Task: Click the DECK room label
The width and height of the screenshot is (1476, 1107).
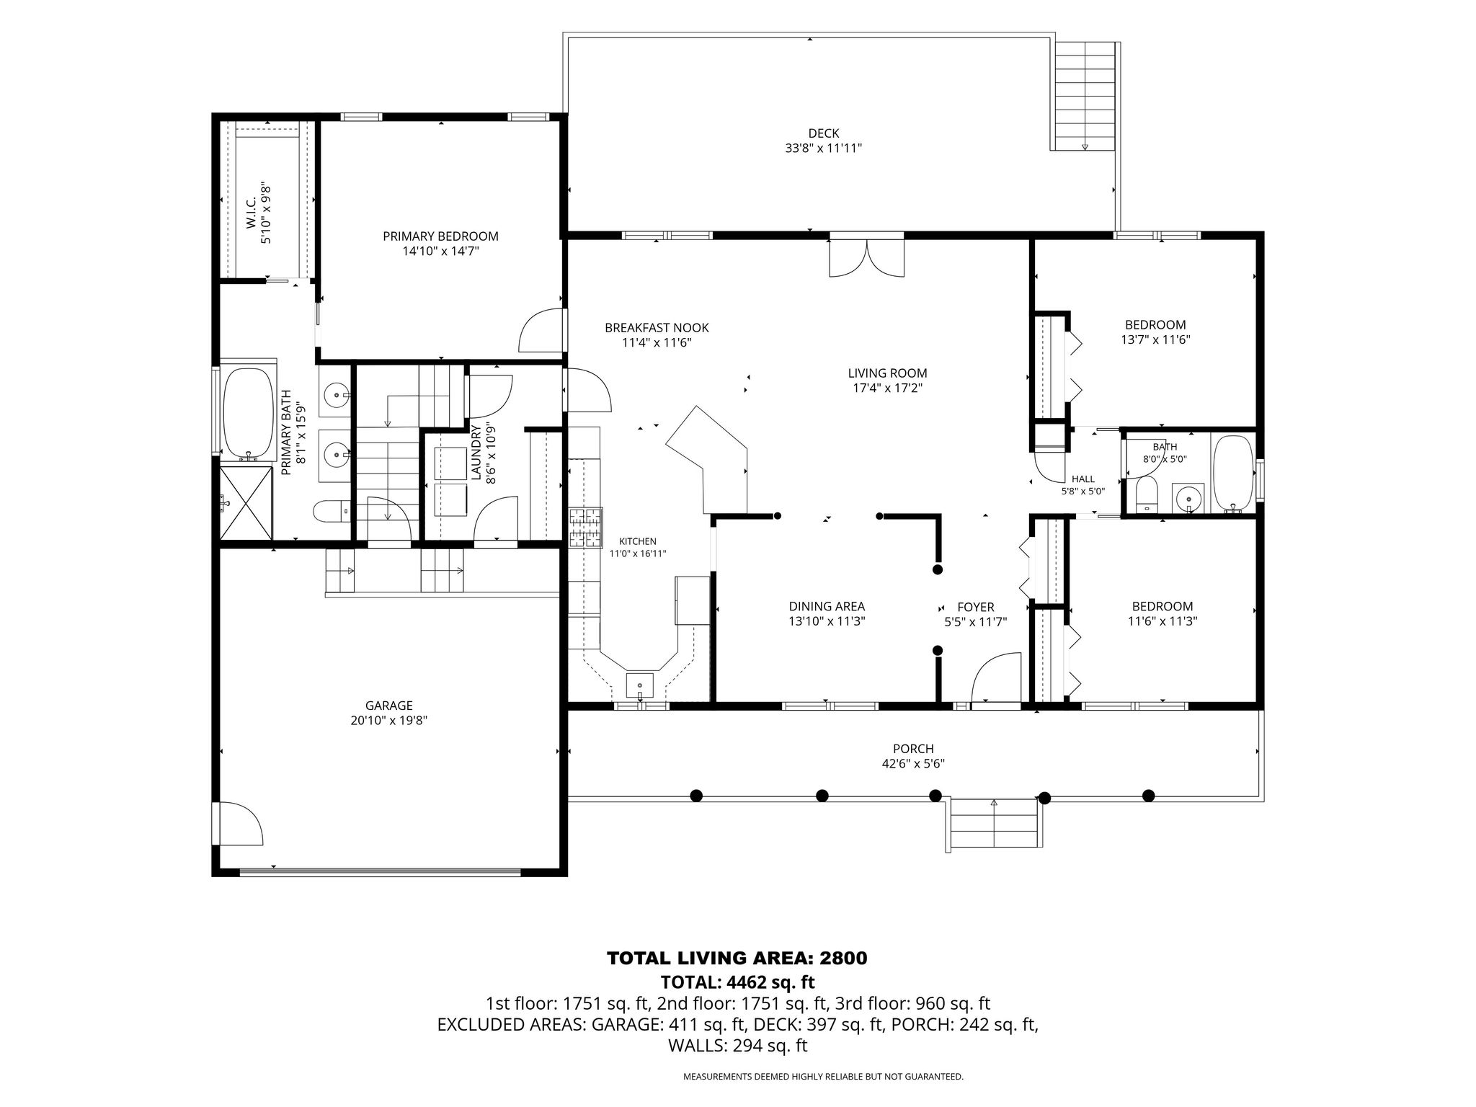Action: [823, 133]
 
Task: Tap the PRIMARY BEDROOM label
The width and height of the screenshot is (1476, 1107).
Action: [440, 236]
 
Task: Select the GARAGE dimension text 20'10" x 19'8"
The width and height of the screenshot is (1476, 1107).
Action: [389, 721]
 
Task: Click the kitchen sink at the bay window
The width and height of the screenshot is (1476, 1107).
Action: [640, 685]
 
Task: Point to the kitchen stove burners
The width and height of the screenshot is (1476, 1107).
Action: [586, 528]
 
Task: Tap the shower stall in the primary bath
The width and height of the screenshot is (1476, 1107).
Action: [246, 502]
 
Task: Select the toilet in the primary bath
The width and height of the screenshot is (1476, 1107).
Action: [332, 512]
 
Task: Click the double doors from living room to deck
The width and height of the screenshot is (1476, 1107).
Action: [866, 257]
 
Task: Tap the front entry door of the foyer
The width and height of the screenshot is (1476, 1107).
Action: [997, 677]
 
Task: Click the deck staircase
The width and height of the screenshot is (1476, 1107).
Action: [1085, 96]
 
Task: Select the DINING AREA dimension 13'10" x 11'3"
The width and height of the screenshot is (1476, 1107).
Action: [827, 621]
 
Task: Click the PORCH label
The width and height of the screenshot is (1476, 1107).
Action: [913, 750]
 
